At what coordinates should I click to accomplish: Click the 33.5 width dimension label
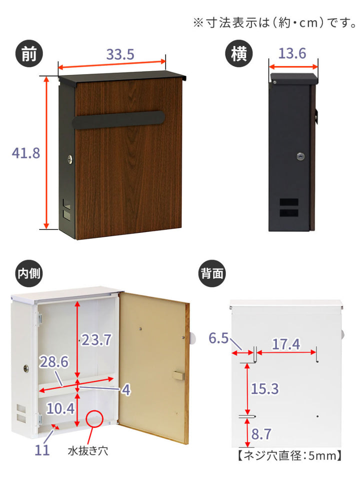[x=120, y=54]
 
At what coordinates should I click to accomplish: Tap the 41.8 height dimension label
[x=25, y=153]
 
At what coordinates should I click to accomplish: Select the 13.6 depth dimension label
[x=292, y=53]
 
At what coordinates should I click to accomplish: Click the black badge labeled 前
[x=29, y=54]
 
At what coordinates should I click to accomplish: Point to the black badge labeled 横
[x=239, y=54]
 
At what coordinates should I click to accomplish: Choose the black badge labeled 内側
[x=29, y=273]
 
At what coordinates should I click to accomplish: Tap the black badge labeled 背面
[x=212, y=273]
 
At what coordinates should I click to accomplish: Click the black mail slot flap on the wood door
[x=119, y=119]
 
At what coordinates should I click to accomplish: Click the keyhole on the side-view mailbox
[x=300, y=156]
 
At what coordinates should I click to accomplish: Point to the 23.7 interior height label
[x=96, y=340]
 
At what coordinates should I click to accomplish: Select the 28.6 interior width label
[x=54, y=362]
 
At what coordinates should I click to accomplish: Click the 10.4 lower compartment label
[x=60, y=408]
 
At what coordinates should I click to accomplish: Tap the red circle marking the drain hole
[x=94, y=418]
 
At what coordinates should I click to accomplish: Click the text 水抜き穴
[x=88, y=450]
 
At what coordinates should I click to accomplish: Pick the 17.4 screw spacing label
[x=286, y=344]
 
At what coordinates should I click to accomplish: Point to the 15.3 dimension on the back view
[x=265, y=389]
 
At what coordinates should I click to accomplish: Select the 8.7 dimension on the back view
[x=261, y=434]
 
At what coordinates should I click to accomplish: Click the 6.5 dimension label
[x=218, y=338]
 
